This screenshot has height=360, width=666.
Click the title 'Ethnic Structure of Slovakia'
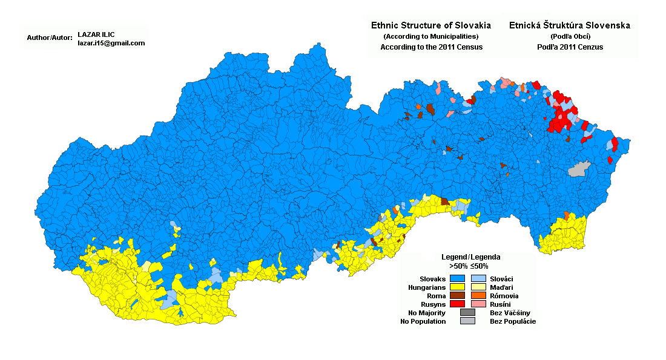(430, 25)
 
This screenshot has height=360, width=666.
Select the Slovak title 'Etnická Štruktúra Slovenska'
(570, 25)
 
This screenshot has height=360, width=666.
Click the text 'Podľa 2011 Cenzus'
(570, 47)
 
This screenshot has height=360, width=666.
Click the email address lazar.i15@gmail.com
(111, 43)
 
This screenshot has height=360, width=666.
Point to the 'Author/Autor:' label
(50, 38)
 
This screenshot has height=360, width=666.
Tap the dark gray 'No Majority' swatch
(467, 312)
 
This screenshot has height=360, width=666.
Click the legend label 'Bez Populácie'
(512, 321)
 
